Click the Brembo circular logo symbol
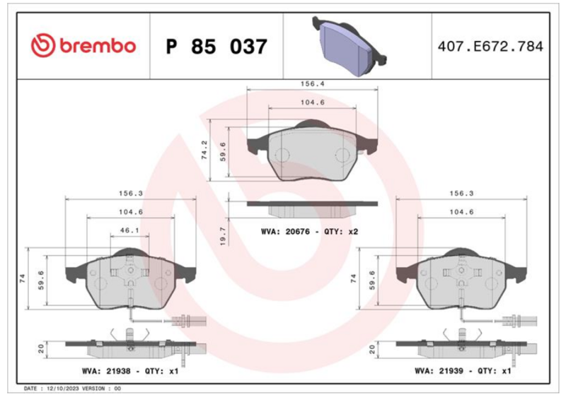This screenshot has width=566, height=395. [x=43, y=46]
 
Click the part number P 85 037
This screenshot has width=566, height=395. [x=216, y=47]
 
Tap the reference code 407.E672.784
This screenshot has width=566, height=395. [x=490, y=47]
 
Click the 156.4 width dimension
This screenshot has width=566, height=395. [x=313, y=83]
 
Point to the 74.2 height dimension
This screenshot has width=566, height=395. [x=204, y=150]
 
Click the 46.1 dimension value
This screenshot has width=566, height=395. [x=129, y=230]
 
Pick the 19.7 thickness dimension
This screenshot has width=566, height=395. [x=223, y=237]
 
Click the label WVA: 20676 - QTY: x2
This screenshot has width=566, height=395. [x=309, y=232]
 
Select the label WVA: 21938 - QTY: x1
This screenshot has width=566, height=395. [x=130, y=370]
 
